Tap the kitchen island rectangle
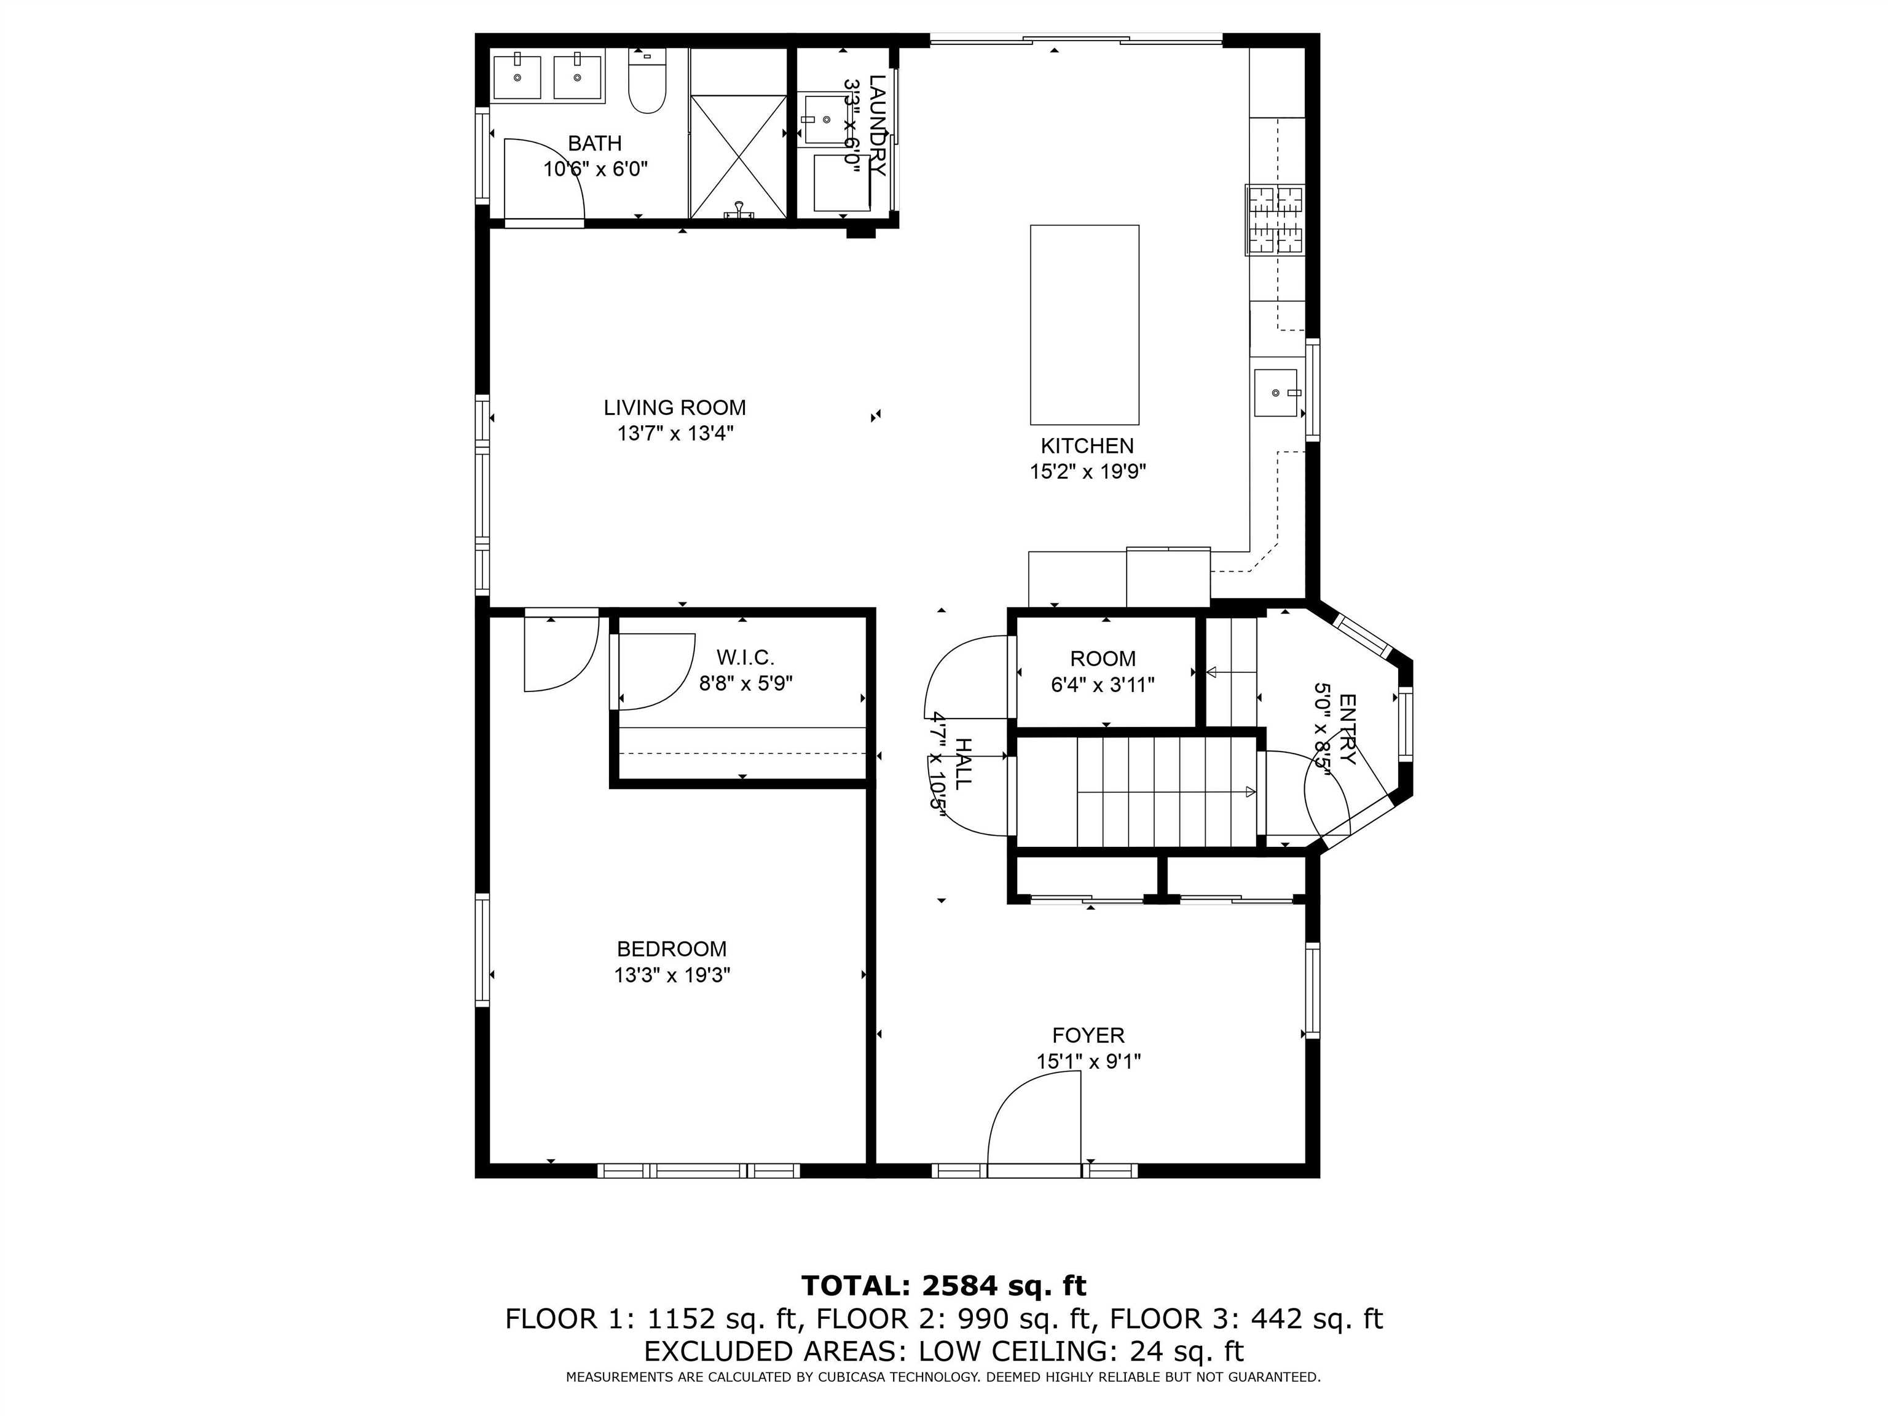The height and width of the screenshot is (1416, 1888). coord(1084,324)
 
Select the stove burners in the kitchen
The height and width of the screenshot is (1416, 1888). coord(1275,220)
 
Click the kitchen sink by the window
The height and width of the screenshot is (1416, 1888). coord(1275,393)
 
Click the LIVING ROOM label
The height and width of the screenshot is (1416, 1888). coord(674,408)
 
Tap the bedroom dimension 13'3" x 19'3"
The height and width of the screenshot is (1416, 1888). coord(672,975)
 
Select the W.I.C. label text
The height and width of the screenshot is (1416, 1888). coord(745,657)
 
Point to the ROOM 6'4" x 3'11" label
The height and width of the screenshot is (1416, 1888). coord(1103,671)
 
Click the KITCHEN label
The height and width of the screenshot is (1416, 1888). coord(1087,446)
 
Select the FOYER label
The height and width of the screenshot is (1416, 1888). coord(1088,1036)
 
